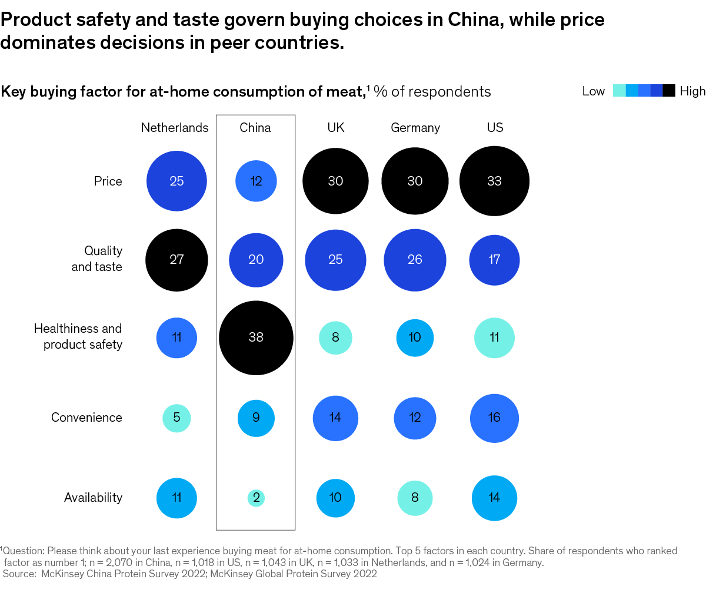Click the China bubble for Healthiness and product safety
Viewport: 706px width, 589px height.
(x=256, y=338)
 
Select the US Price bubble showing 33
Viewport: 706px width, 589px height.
(x=494, y=181)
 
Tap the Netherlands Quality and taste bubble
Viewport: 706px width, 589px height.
(x=176, y=260)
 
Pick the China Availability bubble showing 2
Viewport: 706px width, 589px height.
(x=256, y=498)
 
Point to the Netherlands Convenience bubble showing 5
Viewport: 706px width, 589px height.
(x=176, y=418)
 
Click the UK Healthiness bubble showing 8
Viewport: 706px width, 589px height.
(x=335, y=338)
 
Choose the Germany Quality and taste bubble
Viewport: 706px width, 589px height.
(x=415, y=260)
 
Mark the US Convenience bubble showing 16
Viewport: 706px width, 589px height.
(x=494, y=418)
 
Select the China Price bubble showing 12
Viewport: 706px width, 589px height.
(x=256, y=181)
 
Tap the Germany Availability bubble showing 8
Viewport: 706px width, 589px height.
(x=415, y=498)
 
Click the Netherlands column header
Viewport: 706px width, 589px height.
(x=175, y=128)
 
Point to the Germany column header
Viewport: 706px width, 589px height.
(x=415, y=128)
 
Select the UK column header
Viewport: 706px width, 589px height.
(x=335, y=128)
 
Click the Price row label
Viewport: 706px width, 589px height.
(x=108, y=181)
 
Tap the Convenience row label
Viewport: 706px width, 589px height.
(x=86, y=418)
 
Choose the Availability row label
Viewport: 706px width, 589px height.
(x=93, y=498)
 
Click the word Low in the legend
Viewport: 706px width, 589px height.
(x=593, y=91)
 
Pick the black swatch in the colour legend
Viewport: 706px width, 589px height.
(x=669, y=91)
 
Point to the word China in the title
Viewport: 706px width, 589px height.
(x=477, y=20)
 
